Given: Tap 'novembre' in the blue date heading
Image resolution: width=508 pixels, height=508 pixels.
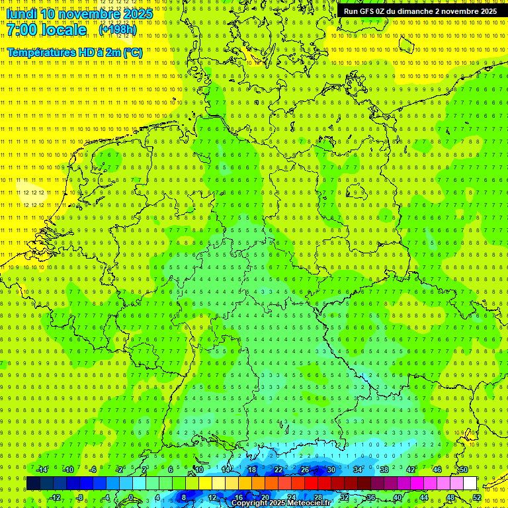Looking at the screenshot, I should pos(89,14).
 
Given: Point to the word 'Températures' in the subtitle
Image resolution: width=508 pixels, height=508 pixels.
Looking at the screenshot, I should pos(42,52).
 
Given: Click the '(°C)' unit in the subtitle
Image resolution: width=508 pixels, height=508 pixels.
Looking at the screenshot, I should pos(132,52).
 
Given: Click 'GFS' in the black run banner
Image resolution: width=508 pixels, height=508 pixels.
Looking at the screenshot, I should pos(374,11).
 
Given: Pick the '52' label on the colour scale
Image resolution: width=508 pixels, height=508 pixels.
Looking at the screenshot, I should pos(477,497).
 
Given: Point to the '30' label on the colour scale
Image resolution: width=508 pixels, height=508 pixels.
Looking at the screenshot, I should pos(331,470).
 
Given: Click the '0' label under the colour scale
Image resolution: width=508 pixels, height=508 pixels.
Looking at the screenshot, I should pos(130,497).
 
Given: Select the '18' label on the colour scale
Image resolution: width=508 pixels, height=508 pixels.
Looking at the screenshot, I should pos(251,470).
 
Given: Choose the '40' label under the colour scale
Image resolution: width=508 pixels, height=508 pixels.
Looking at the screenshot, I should pos(397,497).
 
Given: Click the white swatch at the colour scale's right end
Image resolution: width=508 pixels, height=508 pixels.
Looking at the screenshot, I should pos(470,484).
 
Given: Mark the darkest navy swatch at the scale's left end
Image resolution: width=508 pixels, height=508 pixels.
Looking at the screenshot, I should pos(33,484).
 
